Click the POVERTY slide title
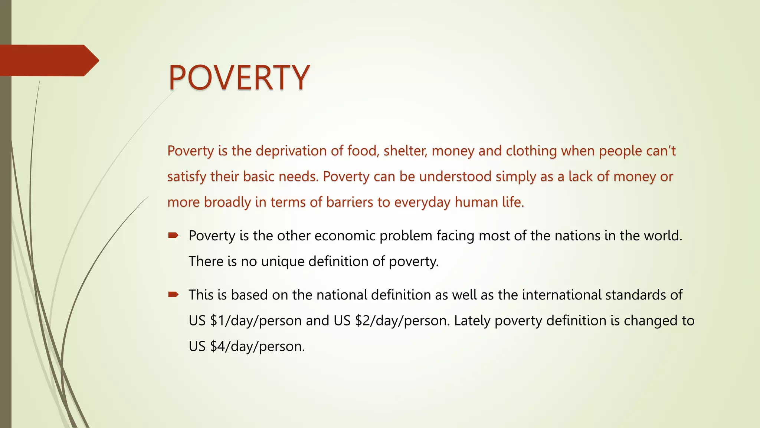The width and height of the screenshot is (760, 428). point(239,78)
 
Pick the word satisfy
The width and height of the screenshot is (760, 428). point(187,176)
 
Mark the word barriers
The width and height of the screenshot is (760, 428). point(349,202)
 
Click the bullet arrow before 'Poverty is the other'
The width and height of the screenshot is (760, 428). point(173,235)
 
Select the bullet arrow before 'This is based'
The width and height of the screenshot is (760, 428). point(173,295)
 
